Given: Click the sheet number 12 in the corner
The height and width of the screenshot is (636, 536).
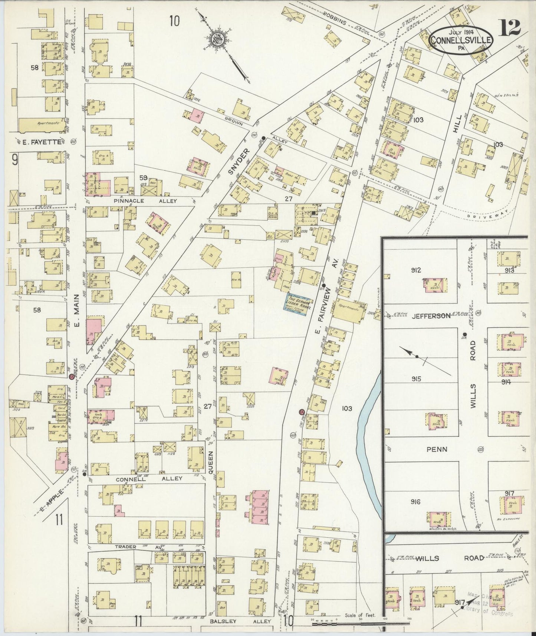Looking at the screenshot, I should pyautogui.click(x=510, y=28).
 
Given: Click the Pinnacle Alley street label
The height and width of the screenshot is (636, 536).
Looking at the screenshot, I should pyautogui.click(x=151, y=201).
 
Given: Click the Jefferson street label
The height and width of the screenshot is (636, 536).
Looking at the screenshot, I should pyautogui.click(x=431, y=316).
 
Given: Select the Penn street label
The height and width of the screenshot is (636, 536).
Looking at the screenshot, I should pyautogui.click(x=437, y=449).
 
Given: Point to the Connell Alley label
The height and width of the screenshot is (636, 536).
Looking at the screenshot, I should pyautogui.click(x=149, y=478).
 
